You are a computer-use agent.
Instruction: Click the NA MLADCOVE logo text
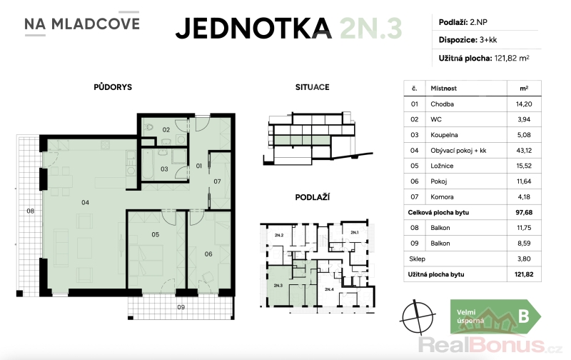point(82,24)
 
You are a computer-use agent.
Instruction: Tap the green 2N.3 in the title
point(371,28)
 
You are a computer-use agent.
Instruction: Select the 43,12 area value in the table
point(524,150)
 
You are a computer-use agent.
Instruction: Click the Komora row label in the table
point(442,196)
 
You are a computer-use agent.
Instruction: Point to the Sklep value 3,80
point(524,259)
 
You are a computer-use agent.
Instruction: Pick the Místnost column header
point(443,88)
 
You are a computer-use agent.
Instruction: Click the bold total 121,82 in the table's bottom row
point(524,274)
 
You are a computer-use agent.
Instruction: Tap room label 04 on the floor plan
point(85,202)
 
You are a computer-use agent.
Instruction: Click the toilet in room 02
point(148,128)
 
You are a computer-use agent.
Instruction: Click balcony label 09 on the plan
point(181,307)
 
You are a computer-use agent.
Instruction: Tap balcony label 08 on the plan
point(30,211)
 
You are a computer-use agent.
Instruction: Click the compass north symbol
point(418,316)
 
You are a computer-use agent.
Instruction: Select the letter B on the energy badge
point(524,316)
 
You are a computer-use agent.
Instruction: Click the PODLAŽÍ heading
point(312,197)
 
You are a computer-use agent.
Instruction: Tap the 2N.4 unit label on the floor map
point(329,289)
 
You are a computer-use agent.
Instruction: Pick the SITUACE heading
point(312,87)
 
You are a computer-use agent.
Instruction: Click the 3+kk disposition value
point(488,40)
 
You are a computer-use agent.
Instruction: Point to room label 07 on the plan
point(217,181)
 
